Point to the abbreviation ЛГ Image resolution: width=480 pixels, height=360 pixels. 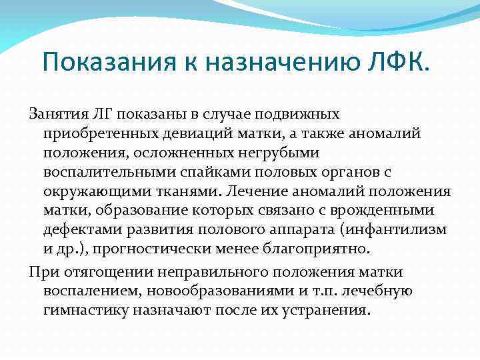tap(103, 114)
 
